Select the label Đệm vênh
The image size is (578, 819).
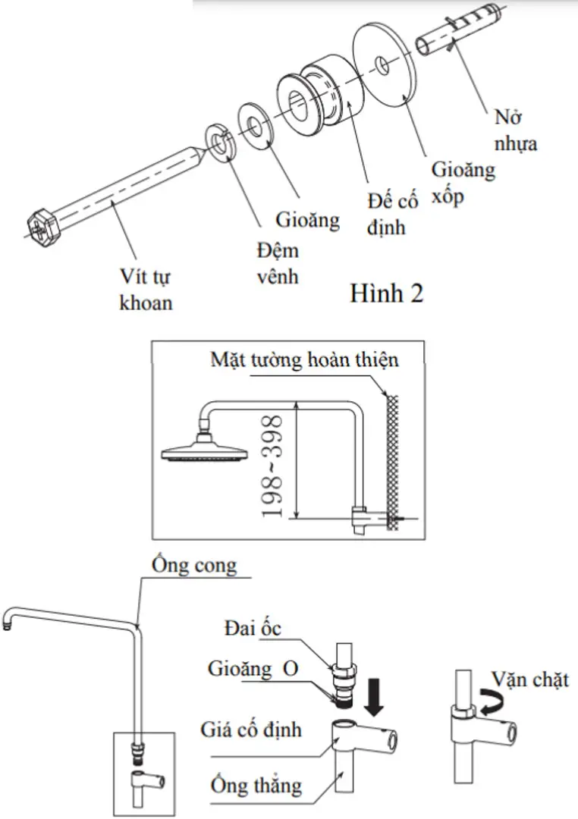tap(277, 262)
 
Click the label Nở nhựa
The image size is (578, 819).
tap(515, 130)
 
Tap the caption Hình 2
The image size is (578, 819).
tap(386, 293)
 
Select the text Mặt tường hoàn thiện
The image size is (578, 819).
tap(304, 359)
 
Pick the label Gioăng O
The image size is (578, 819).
tap(253, 670)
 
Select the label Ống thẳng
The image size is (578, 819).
tap(256, 784)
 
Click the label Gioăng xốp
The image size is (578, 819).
tap(463, 182)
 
